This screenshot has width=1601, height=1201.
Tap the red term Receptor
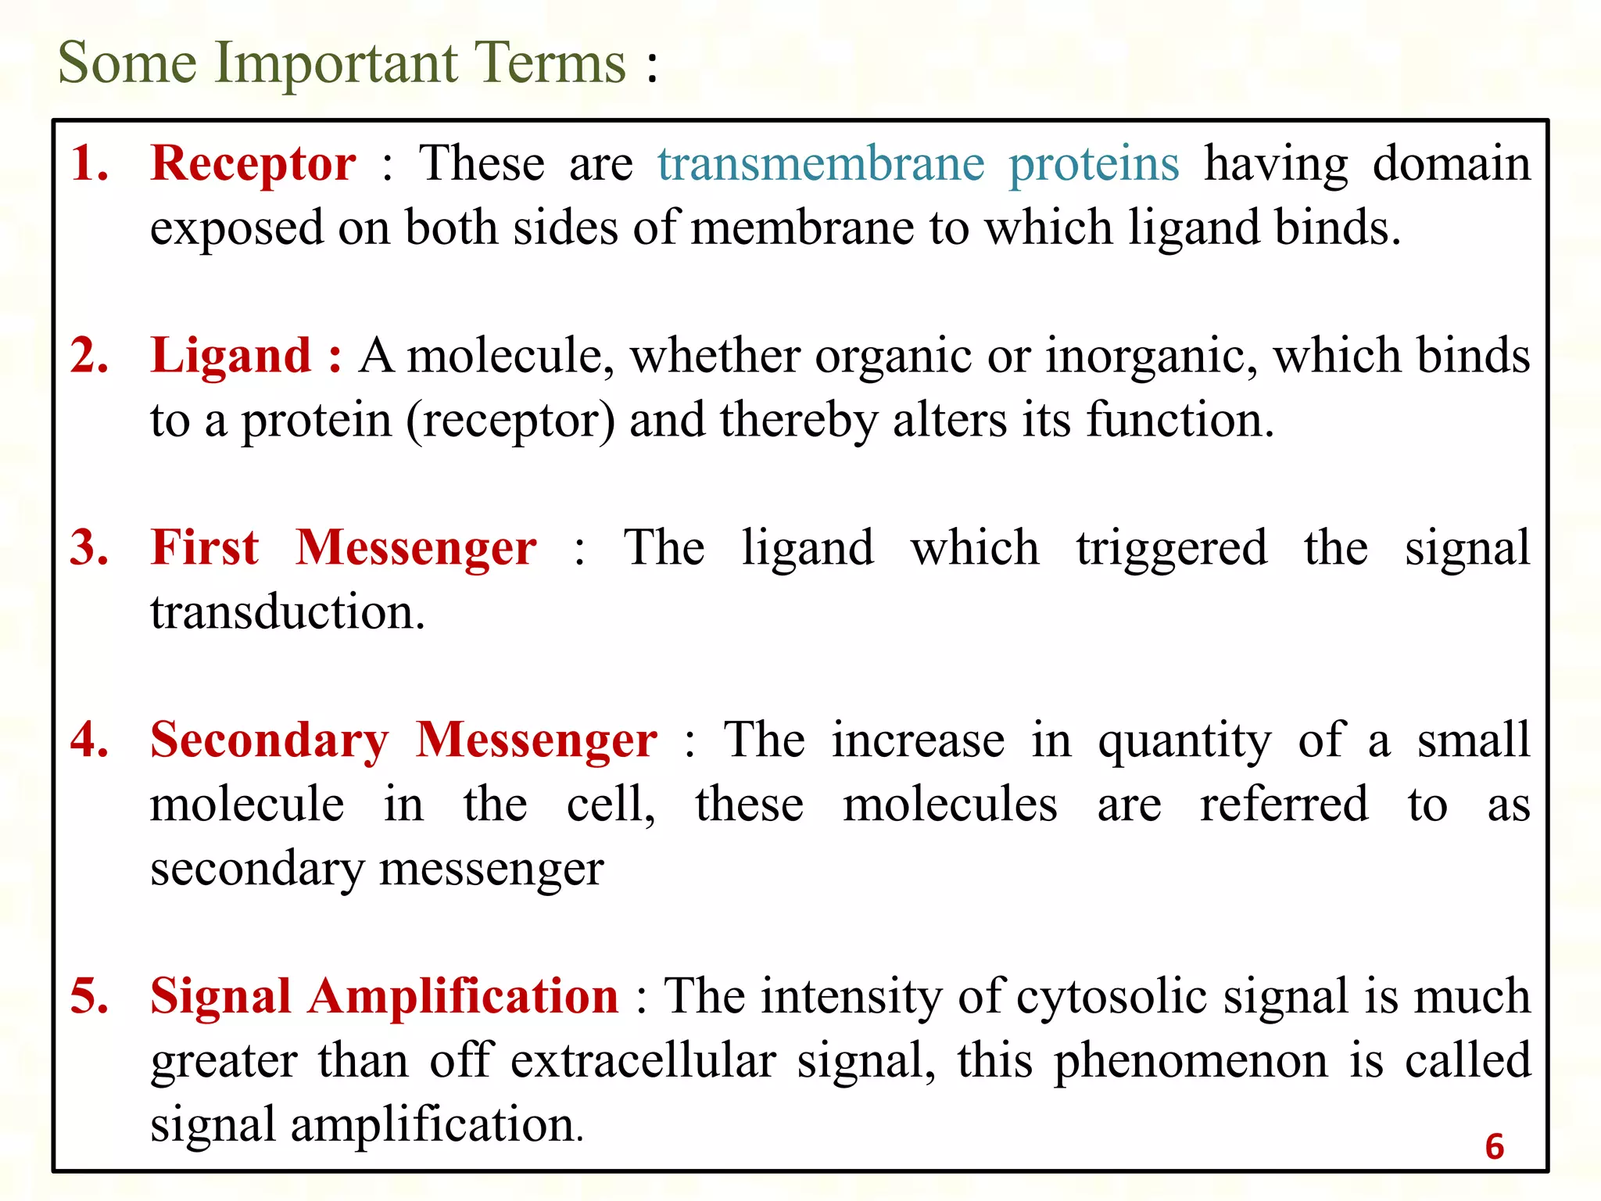[253, 164]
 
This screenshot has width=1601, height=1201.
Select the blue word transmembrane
[821, 164]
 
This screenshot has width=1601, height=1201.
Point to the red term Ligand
[231, 357]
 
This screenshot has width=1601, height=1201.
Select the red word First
[204, 547]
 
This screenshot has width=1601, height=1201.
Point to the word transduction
[287, 612]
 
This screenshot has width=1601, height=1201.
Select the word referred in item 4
[1284, 805]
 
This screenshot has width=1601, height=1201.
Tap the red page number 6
[1494, 1147]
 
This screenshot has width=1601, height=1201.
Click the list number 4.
[89, 740]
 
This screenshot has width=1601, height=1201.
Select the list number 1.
[89, 164]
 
